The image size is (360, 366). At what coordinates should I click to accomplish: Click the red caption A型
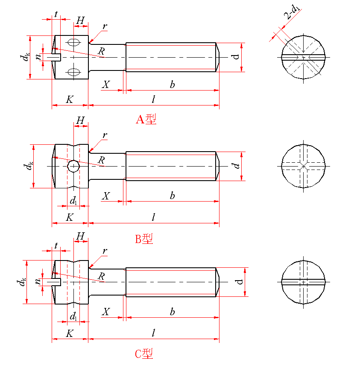(x=146, y=119)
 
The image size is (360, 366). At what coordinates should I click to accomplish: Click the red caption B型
(x=144, y=239)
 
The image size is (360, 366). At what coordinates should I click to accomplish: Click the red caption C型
(x=144, y=354)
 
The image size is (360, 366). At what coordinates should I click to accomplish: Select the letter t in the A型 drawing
(x=56, y=14)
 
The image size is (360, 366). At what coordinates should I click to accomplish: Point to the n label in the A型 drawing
(x=39, y=56)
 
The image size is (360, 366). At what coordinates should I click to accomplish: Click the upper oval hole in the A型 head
(x=73, y=42)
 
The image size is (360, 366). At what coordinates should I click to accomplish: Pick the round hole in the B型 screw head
(x=73, y=166)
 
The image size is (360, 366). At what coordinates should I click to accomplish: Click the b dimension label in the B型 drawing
(x=172, y=196)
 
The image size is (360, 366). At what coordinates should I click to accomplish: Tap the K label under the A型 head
(x=70, y=100)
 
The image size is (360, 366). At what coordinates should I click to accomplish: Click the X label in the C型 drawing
(x=106, y=312)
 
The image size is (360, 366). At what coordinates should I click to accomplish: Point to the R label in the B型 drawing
(x=101, y=160)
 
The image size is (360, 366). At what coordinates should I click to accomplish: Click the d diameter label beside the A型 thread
(x=236, y=57)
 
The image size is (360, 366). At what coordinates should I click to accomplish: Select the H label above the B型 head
(x=80, y=121)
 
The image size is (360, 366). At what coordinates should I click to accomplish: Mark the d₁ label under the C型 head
(x=73, y=316)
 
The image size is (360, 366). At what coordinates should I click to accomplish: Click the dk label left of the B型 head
(x=28, y=166)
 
